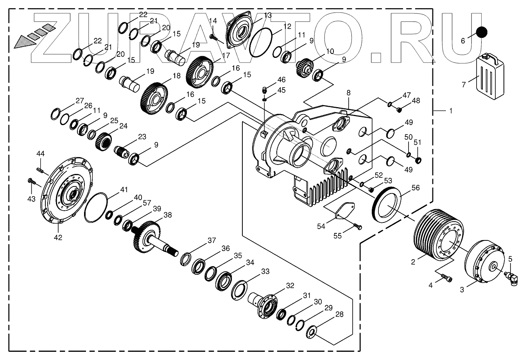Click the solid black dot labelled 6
point(482,32)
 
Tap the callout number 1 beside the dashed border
point(450,111)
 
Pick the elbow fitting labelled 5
point(509,278)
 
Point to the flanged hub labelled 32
point(266,304)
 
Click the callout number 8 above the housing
point(348,93)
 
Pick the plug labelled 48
point(399,109)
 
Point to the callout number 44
point(41,154)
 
